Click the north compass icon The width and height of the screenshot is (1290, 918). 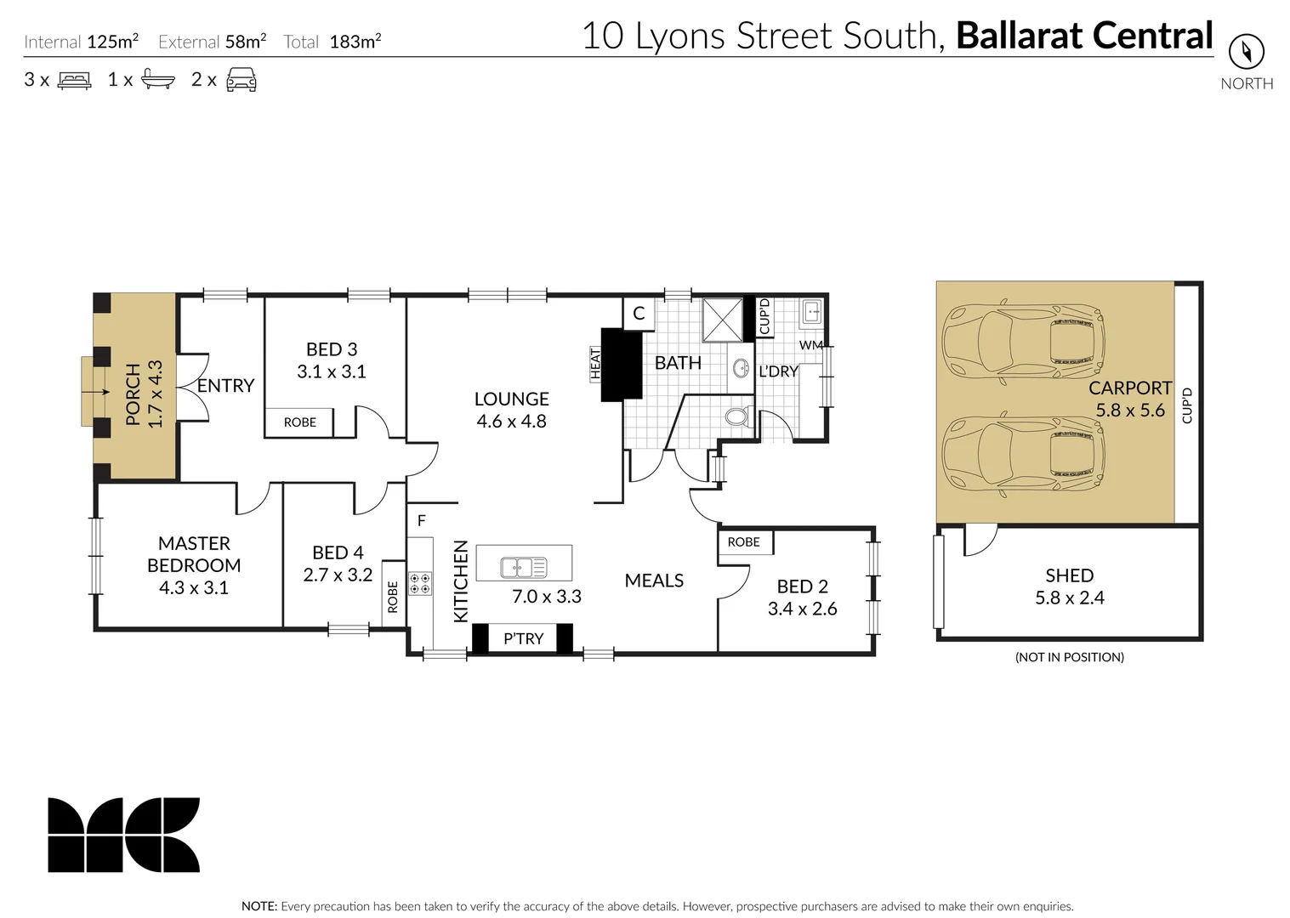click(x=1246, y=52)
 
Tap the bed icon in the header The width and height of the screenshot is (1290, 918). click(x=74, y=81)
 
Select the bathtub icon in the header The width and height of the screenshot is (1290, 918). click(x=158, y=80)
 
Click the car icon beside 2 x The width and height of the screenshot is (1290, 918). click(x=242, y=80)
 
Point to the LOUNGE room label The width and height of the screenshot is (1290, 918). click(x=511, y=399)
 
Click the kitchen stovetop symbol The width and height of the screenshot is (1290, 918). click(x=419, y=583)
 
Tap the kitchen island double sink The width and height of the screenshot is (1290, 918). click(x=524, y=567)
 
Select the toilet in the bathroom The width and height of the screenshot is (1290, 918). click(x=737, y=418)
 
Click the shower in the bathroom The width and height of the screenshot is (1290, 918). click(x=723, y=319)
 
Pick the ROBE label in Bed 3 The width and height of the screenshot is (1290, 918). click(x=299, y=422)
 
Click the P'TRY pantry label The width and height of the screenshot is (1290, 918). click(x=523, y=638)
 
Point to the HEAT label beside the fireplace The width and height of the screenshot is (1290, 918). click(x=595, y=363)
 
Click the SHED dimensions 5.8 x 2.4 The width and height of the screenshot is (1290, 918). click(x=1069, y=598)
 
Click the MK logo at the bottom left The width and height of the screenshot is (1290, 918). click(x=123, y=835)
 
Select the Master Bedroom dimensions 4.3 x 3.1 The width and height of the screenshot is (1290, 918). click(x=194, y=587)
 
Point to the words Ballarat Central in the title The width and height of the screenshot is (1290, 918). click(x=1084, y=36)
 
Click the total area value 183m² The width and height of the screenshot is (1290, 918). click(x=355, y=42)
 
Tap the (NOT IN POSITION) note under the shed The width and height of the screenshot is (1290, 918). click(x=1069, y=657)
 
